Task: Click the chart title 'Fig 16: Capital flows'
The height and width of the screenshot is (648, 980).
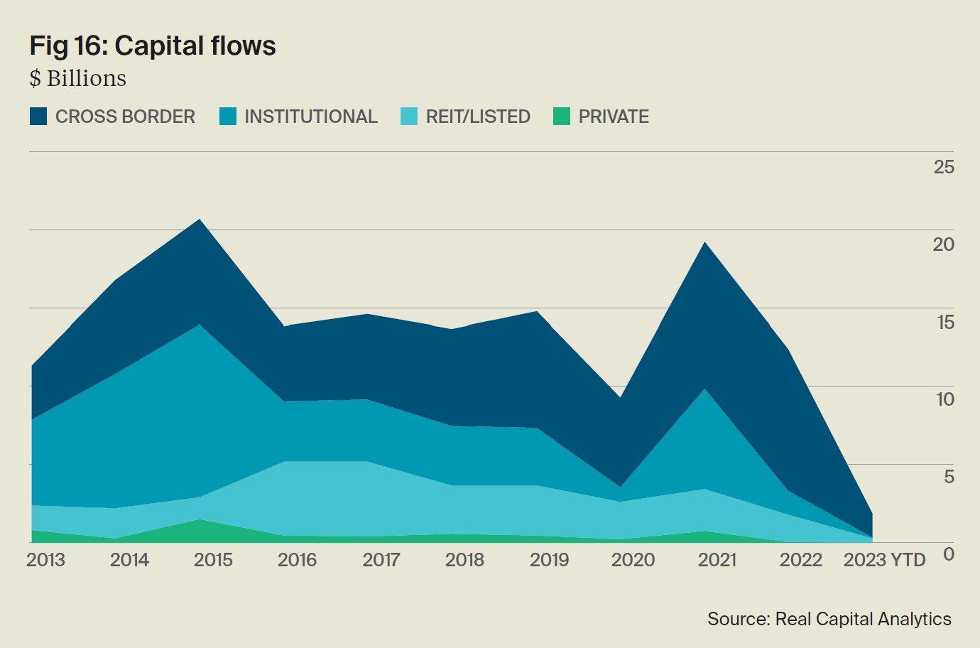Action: point(152,45)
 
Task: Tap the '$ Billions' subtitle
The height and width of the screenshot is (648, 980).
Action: point(77,78)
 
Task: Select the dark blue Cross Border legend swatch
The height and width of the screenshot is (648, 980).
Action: point(38,117)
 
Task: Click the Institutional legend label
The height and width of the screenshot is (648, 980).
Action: point(310,117)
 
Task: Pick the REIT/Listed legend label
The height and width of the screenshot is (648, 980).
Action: point(478,117)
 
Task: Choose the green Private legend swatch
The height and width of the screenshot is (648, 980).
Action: point(561,117)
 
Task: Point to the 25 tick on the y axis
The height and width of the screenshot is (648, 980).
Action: point(944,167)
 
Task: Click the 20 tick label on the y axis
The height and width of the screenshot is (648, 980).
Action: point(944,244)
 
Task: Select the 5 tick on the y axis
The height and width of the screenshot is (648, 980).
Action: point(949,476)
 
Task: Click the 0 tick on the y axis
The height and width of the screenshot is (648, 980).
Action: point(949,553)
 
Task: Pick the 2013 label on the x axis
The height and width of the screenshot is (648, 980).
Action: point(45,560)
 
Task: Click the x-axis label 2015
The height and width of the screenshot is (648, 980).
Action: point(213,560)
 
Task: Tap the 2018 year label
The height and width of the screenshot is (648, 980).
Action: point(464,560)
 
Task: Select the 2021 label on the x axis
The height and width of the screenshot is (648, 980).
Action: point(717,560)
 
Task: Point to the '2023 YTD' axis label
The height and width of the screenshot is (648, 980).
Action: point(884,560)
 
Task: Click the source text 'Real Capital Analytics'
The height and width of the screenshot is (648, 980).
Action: point(863,619)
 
